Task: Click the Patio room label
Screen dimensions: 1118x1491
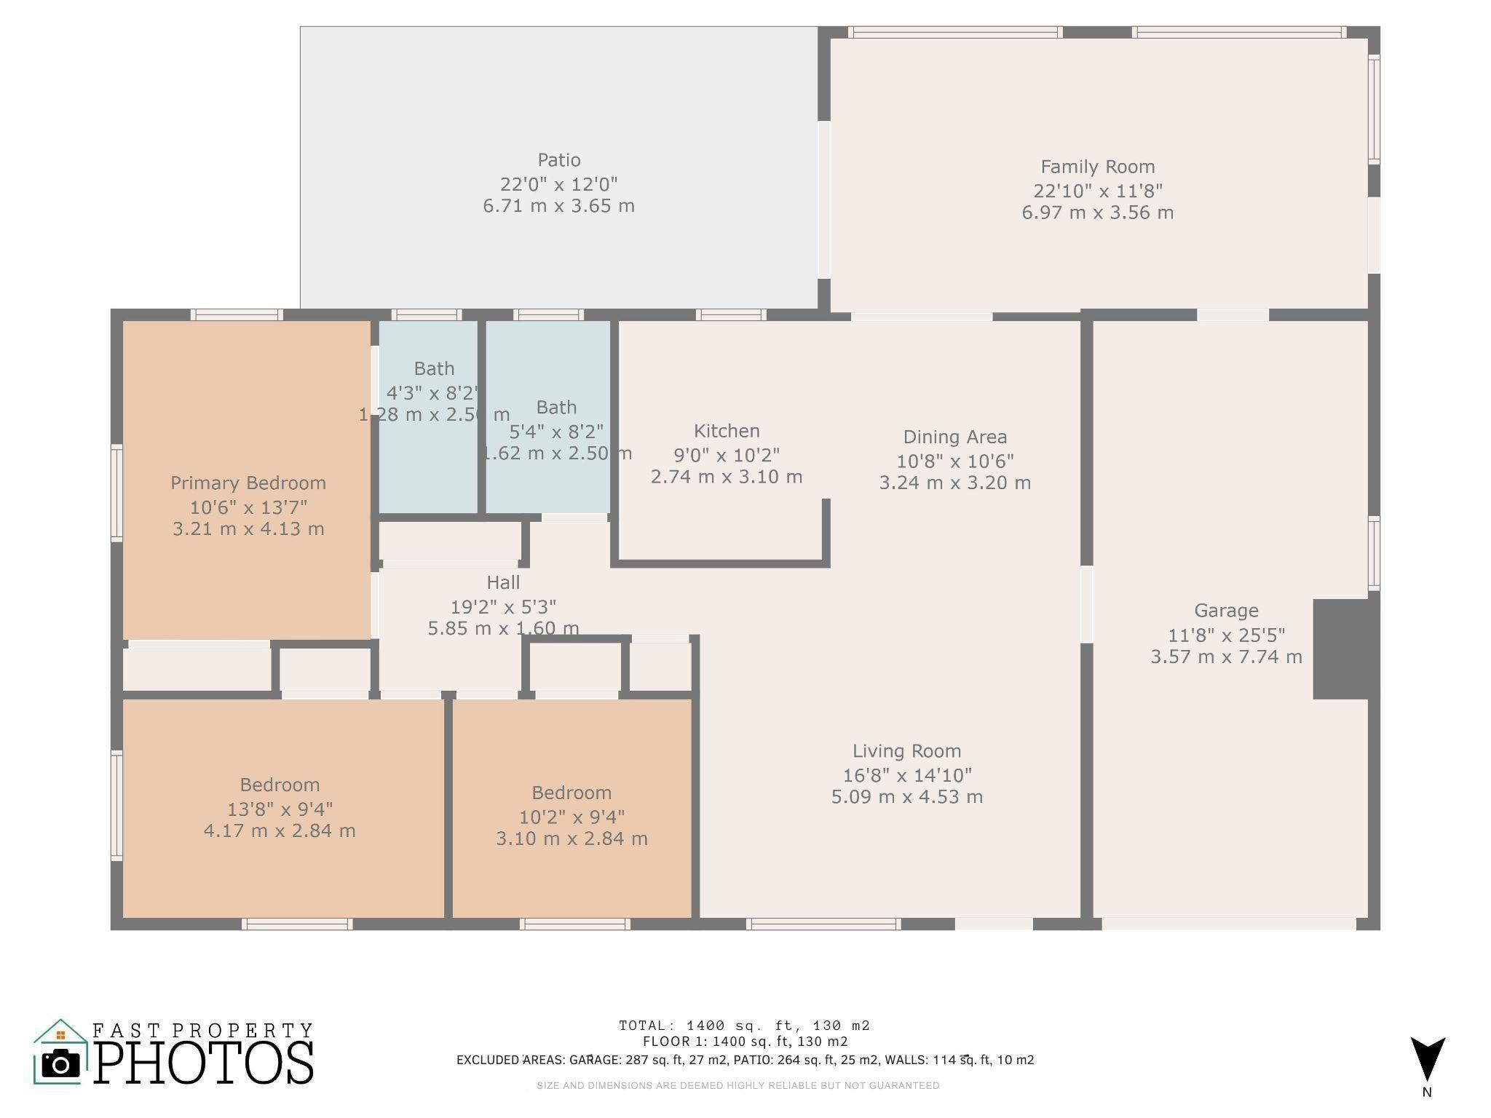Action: tap(558, 160)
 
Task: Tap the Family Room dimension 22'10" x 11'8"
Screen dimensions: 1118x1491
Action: tap(1097, 191)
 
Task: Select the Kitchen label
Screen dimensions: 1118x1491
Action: tap(726, 431)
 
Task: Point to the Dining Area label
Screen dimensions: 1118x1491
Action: tap(954, 437)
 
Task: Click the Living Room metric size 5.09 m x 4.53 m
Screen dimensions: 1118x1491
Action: tap(906, 796)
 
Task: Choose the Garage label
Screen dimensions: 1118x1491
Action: tap(1225, 611)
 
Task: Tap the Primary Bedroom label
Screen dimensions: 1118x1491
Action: tap(248, 483)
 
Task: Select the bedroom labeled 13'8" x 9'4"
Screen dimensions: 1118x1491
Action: tap(280, 808)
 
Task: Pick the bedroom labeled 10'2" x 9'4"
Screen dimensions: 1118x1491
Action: tap(571, 816)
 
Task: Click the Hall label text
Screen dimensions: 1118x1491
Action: tap(503, 582)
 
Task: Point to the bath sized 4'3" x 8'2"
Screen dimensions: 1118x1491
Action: tap(433, 393)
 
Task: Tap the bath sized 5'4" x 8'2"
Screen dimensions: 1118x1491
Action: tap(556, 432)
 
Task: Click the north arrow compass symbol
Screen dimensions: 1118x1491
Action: tap(1427, 1060)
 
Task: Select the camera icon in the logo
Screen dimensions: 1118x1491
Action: tap(60, 1064)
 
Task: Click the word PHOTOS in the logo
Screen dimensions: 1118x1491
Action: tap(204, 1063)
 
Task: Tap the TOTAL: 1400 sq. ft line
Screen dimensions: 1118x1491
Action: tap(744, 1026)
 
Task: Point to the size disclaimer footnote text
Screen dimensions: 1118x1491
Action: tap(737, 1085)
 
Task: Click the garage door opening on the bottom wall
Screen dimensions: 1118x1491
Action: tap(1228, 924)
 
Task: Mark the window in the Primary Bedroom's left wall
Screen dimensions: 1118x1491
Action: tap(116, 493)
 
